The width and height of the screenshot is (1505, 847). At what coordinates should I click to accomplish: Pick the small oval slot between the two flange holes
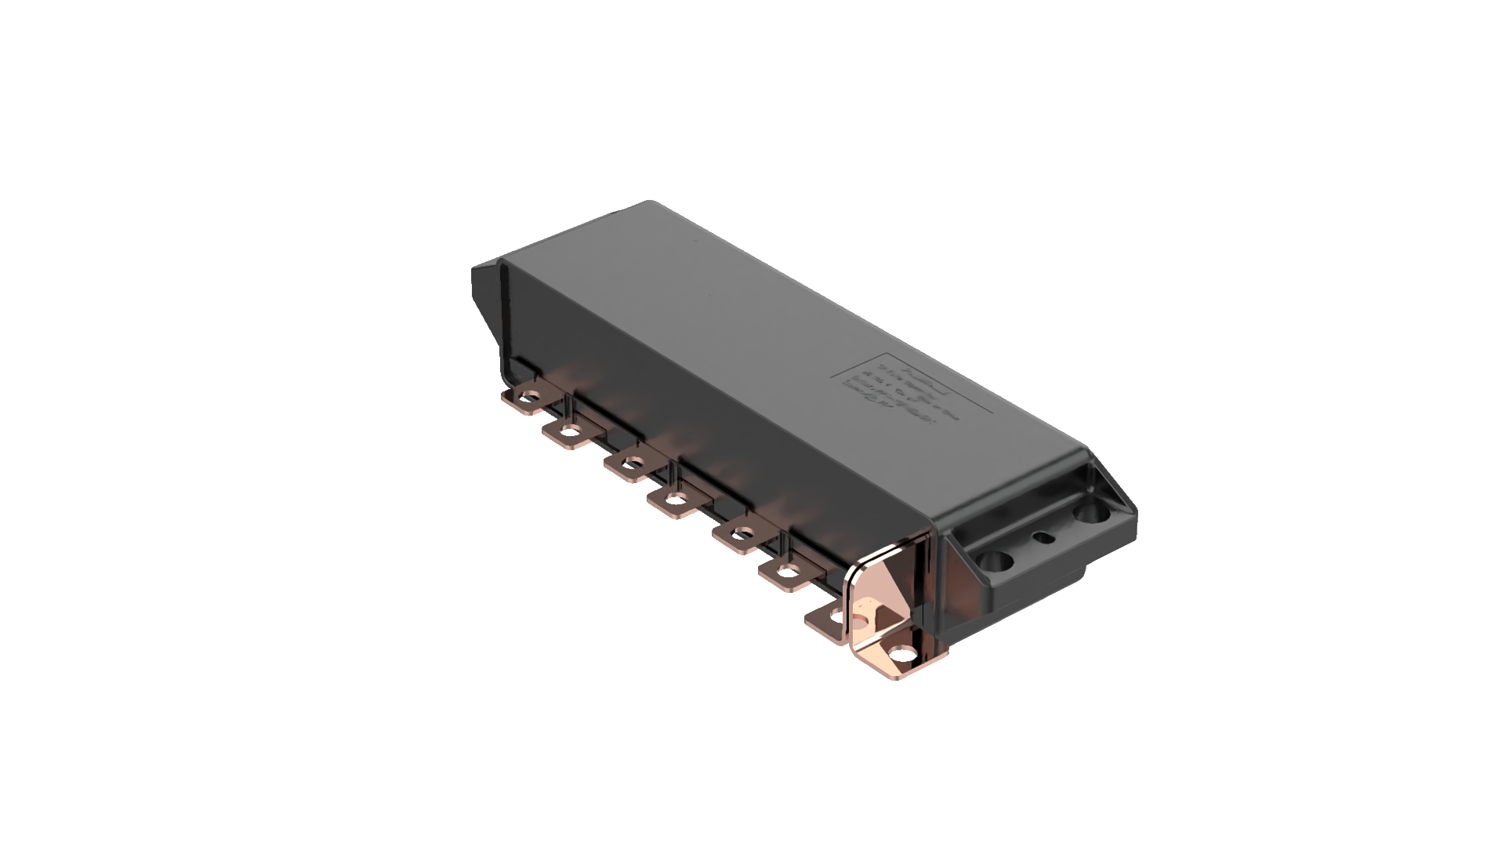(x=1043, y=538)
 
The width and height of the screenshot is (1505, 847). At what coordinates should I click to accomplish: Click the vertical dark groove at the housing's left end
(x=502, y=322)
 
